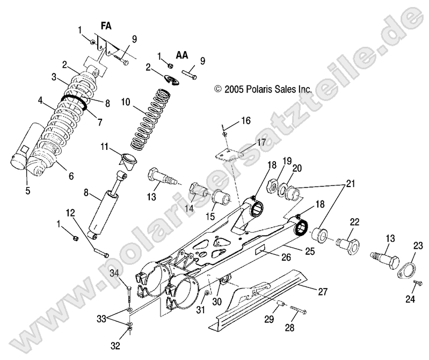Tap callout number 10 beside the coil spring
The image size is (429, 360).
126,101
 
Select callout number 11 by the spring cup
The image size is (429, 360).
104,146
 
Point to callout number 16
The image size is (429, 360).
245,120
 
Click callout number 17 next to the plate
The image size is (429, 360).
260,143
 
